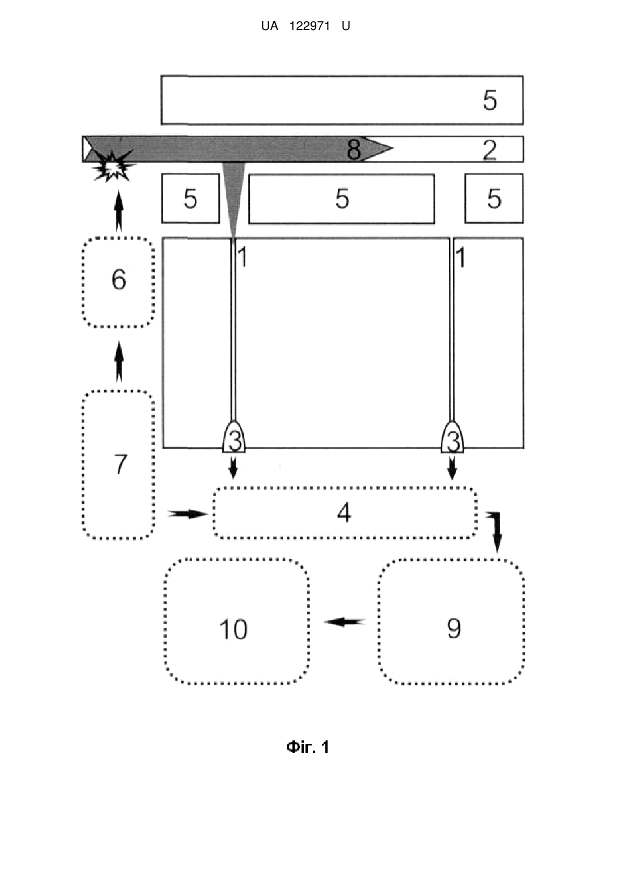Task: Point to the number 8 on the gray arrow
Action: coord(354,150)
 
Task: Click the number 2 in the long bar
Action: coord(490,150)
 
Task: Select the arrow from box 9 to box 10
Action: coord(345,622)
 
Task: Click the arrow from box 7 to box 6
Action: coord(119,361)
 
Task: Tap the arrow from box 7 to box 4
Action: coord(188,513)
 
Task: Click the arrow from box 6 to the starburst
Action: coord(119,211)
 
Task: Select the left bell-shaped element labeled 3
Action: coord(234,437)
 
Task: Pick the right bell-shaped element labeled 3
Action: coord(452,437)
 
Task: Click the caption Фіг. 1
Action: coord(308,747)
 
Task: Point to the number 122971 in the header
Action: coord(309,26)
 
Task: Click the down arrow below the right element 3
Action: coord(452,467)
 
